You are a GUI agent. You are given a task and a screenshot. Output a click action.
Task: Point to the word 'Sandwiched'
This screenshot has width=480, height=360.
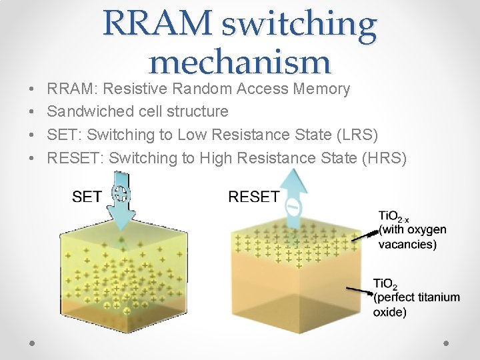pos(91,111)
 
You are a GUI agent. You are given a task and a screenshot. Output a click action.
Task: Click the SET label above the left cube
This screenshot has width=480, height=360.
pos(87,196)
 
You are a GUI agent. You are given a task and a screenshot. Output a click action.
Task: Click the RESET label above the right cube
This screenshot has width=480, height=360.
pos(253,196)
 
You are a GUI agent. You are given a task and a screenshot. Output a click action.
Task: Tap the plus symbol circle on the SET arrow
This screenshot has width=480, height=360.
pos(121,194)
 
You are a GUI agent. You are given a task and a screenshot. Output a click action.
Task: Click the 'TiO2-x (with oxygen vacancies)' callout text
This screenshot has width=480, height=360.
pos(412,229)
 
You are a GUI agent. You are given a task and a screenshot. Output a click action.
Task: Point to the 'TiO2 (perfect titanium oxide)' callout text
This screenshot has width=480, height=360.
pos(415,297)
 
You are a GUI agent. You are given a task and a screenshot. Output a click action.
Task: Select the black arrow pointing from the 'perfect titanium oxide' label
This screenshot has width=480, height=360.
pos(359,289)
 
